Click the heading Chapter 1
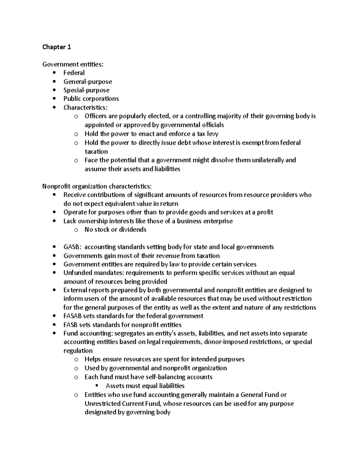(57, 47)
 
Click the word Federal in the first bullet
(74, 73)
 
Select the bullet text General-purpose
(88, 82)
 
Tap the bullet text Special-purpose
(86, 90)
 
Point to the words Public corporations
(91, 99)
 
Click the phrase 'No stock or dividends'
(115, 230)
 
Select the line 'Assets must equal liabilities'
(145, 386)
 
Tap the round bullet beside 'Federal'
(54, 73)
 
